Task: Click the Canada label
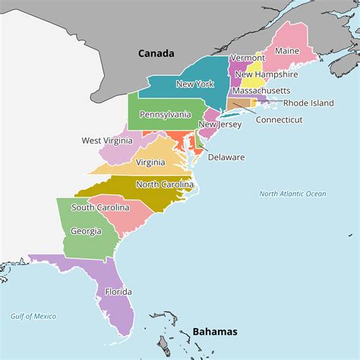(x=156, y=53)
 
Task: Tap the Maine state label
(x=286, y=51)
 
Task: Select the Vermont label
(x=247, y=58)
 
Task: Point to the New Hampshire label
(x=266, y=74)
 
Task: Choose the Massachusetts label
(x=261, y=90)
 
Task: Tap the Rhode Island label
(x=308, y=103)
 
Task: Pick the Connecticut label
(x=279, y=119)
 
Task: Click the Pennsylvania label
(x=165, y=114)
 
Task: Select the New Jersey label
(x=219, y=125)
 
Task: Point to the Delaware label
(x=226, y=157)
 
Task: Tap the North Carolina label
(x=163, y=185)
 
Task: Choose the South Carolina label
(x=100, y=207)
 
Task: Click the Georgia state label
(x=85, y=231)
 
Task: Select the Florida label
(x=118, y=292)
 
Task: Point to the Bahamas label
(x=215, y=331)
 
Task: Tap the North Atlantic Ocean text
(x=292, y=194)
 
